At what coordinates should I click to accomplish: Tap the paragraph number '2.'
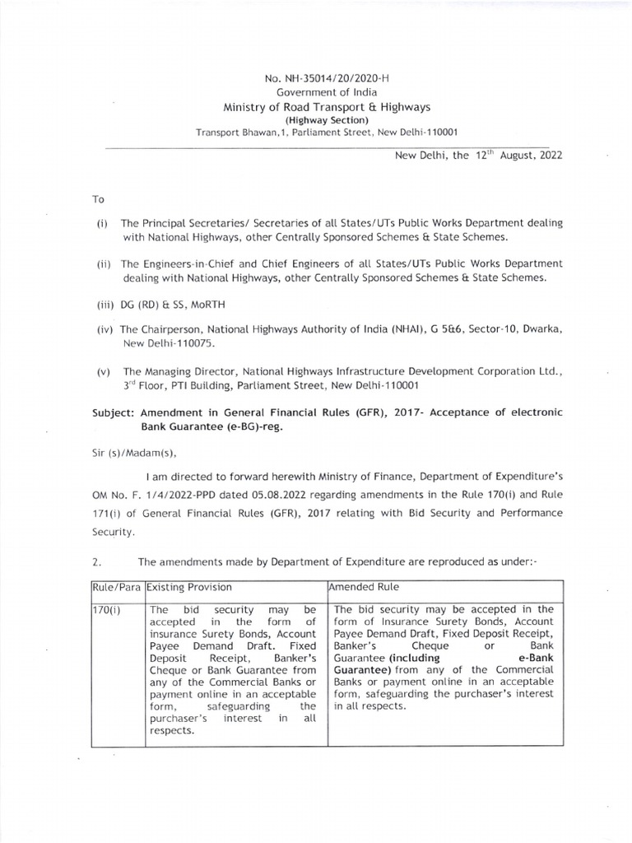point(97,562)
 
